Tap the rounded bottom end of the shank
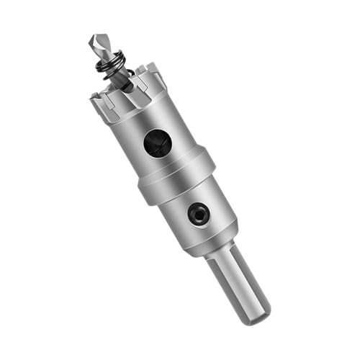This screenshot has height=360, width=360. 256,315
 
